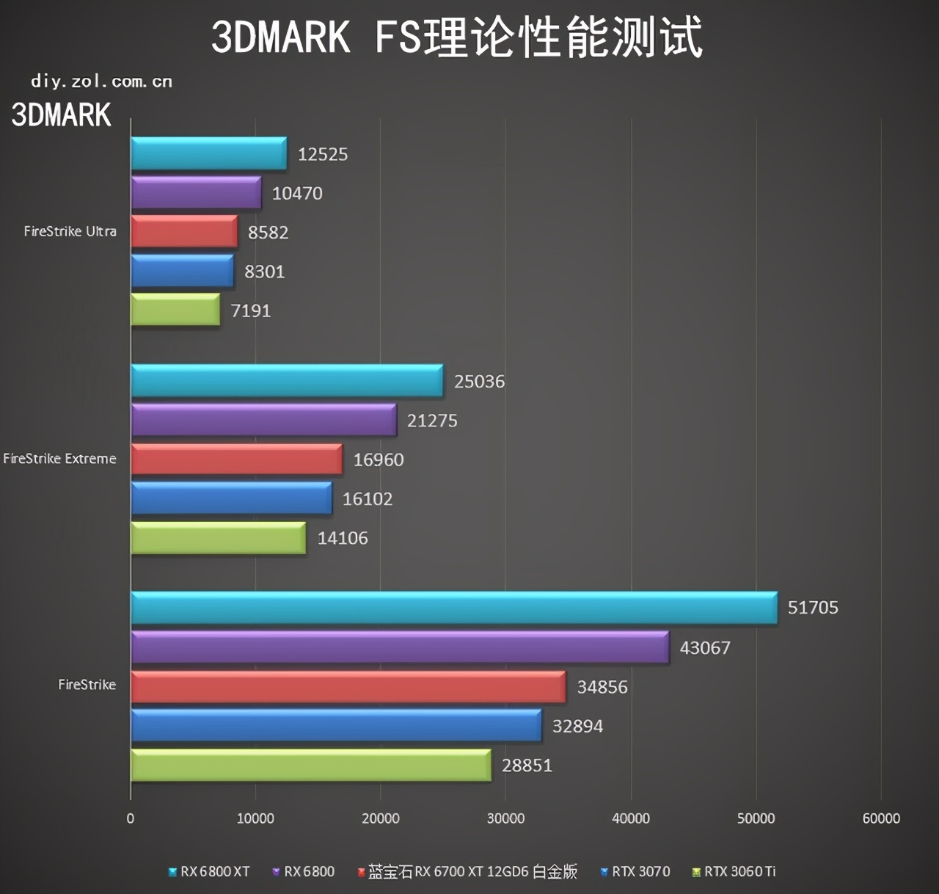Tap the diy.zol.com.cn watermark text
[101, 81]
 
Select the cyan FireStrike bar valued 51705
[453, 608]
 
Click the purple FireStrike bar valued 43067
[399, 647]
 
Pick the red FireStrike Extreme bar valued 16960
[236, 459]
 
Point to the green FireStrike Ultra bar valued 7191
[175, 310]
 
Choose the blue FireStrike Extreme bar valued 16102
[231, 498]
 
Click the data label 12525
[322, 154]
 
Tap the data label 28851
[527, 766]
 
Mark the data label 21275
[432, 421]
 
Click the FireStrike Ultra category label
[70, 231]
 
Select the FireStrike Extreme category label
[59, 459]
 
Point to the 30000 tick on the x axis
[505, 818]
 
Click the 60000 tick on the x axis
[880, 818]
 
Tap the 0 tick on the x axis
[131, 818]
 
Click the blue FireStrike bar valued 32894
[336, 726]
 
